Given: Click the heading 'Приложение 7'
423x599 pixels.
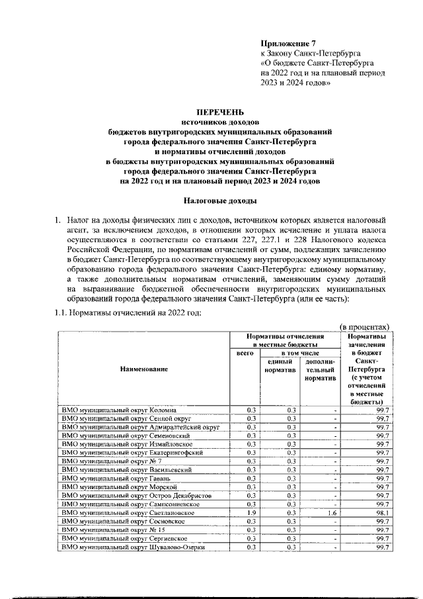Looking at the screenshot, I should [289, 43].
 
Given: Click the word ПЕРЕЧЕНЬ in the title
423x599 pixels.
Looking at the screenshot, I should [213, 112].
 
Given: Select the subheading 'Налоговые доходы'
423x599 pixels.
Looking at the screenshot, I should [213, 199].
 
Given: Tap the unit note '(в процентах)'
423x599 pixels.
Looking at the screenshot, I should [365, 326].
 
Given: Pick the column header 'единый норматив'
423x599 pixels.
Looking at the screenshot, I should [280, 366].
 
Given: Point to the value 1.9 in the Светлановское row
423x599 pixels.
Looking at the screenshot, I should [251, 512].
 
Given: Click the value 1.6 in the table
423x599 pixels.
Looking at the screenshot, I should [330, 512].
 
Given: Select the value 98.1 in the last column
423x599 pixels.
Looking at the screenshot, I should [382, 512].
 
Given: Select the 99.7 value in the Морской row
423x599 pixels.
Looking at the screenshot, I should [382, 486].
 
